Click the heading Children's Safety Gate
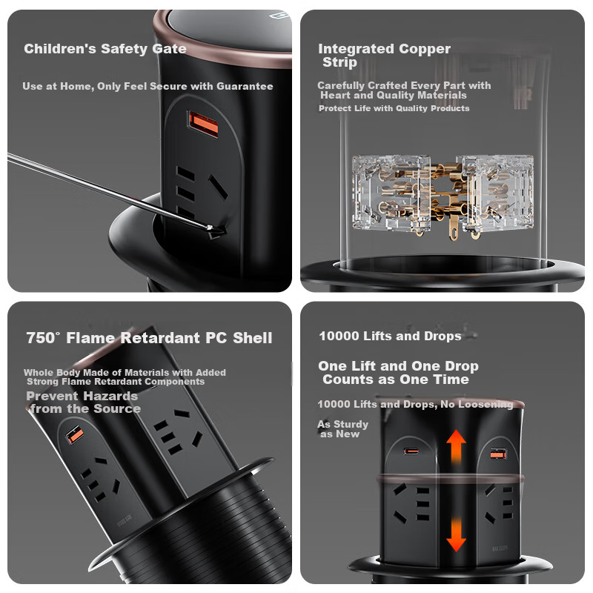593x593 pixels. (105, 49)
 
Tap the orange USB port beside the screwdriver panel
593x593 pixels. (203, 124)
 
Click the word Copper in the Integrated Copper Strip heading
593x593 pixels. (424, 49)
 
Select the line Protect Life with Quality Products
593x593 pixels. (394, 108)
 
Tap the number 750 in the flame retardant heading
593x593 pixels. (41, 338)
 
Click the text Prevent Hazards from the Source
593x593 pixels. (84, 402)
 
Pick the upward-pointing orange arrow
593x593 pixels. (456, 447)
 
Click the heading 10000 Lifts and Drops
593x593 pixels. (390, 336)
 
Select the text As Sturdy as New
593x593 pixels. (342, 429)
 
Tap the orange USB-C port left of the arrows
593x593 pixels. (411, 451)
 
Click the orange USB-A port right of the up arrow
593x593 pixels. (498, 453)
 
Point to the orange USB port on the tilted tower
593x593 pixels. (75, 435)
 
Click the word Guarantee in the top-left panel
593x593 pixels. (245, 86)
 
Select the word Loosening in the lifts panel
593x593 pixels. (486, 404)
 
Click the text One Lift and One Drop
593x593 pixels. (398, 366)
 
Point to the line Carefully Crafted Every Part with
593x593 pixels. (404, 85)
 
